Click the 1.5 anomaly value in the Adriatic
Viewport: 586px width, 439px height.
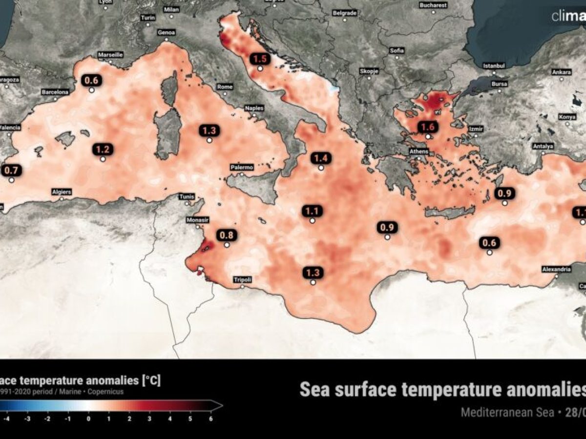click(260, 59)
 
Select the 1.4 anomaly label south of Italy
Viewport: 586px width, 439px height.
click(321, 158)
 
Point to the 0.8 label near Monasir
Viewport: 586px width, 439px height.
click(227, 235)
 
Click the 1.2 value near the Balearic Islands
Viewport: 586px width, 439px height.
click(103, 149)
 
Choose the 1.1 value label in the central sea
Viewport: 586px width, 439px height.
click(312, 211)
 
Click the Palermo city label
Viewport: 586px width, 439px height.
click(242, 167)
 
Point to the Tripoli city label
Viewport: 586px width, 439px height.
click(242, 279)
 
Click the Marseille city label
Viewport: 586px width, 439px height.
click(110, 55)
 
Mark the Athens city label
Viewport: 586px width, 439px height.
click(419, 151)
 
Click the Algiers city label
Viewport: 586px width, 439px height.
click(62, 192)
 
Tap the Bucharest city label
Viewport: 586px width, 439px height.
click(433, 5)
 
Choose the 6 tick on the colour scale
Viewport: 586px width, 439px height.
click(210, 418)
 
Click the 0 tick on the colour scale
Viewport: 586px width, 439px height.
click(88, 418)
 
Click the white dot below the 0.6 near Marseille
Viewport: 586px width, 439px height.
click(91, 90)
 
